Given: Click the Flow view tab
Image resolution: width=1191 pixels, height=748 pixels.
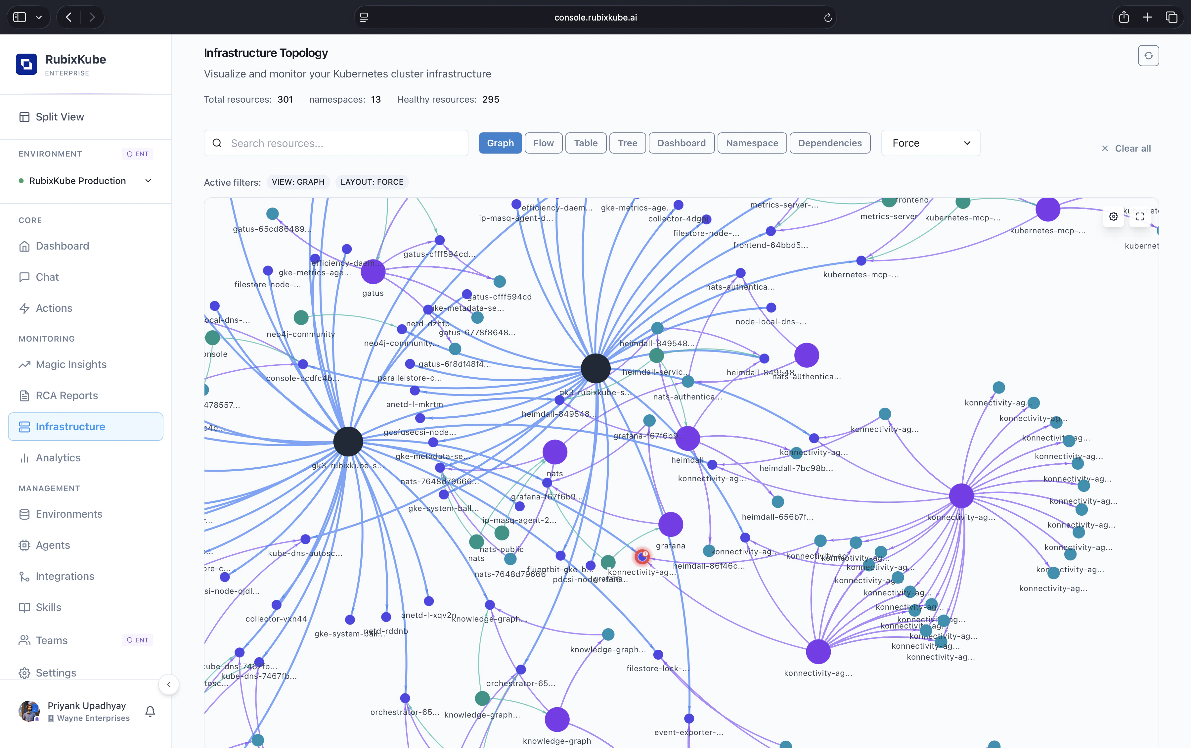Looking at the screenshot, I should click(x=543, y=143).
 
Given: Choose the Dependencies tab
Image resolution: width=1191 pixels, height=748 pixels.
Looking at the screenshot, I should click(x=830, y=143).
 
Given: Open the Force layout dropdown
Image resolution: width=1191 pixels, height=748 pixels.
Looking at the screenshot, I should click(x=930, y=143).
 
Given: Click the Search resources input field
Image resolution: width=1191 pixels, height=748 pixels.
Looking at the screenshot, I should click(x=336, y=143).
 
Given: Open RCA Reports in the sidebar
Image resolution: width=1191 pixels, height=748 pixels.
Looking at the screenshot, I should click(x=67, y=395).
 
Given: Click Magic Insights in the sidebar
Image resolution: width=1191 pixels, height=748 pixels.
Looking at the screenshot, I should click(x=71, y=364).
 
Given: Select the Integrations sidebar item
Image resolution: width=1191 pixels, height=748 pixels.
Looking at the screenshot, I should click(x=65, y=576).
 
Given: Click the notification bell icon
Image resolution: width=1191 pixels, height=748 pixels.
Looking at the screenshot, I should click(x=150, y=711).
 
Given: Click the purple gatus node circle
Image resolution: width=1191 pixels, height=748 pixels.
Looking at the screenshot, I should click(x=373, y=272).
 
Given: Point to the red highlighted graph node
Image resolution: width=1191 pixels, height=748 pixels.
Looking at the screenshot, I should click(x=642, y=557).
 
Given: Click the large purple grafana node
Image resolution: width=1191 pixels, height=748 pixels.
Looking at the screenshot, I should click(x=670, y=524).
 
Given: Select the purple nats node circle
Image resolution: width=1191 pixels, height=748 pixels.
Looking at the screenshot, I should click(x=555, y=452).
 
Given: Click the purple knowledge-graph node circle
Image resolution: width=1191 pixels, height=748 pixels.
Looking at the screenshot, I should click(x=557, y=719).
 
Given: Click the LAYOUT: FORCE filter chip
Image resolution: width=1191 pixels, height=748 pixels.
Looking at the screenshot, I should click(x=372, y=182).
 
